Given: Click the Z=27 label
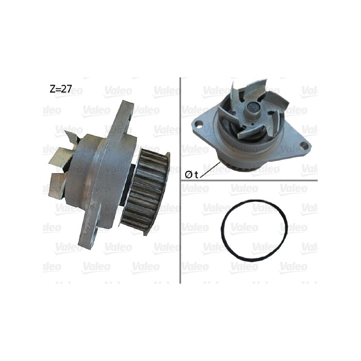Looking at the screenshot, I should (x=60, y=89).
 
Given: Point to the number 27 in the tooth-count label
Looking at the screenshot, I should (x=66, y=89).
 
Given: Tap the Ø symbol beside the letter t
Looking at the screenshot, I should (x=188, y=175).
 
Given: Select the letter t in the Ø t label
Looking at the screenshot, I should (x=197, y=175).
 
